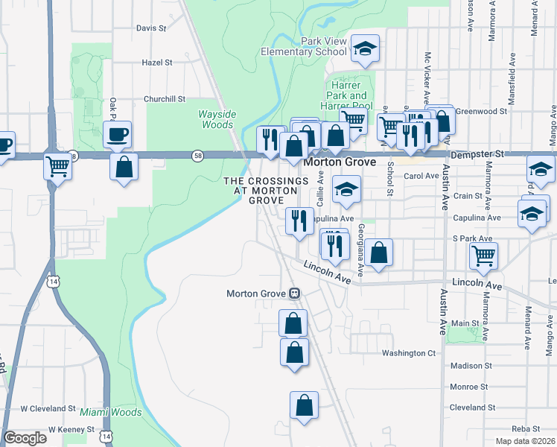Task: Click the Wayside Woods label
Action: [217, 119]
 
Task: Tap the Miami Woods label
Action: [111, 412]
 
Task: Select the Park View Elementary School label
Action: [304, 46]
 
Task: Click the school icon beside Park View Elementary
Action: [365, 49]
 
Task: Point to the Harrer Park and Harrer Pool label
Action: [347, 95]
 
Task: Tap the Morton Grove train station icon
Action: [295, 294]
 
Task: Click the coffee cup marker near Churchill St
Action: [117, 136]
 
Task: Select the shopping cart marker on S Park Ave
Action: [483, 256]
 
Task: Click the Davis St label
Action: [151, 28]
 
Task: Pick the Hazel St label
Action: [157, 63]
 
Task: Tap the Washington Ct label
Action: [408, 353]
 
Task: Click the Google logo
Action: [25, 438]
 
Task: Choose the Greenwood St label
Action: [481, 111]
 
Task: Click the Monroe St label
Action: [469, 387]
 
